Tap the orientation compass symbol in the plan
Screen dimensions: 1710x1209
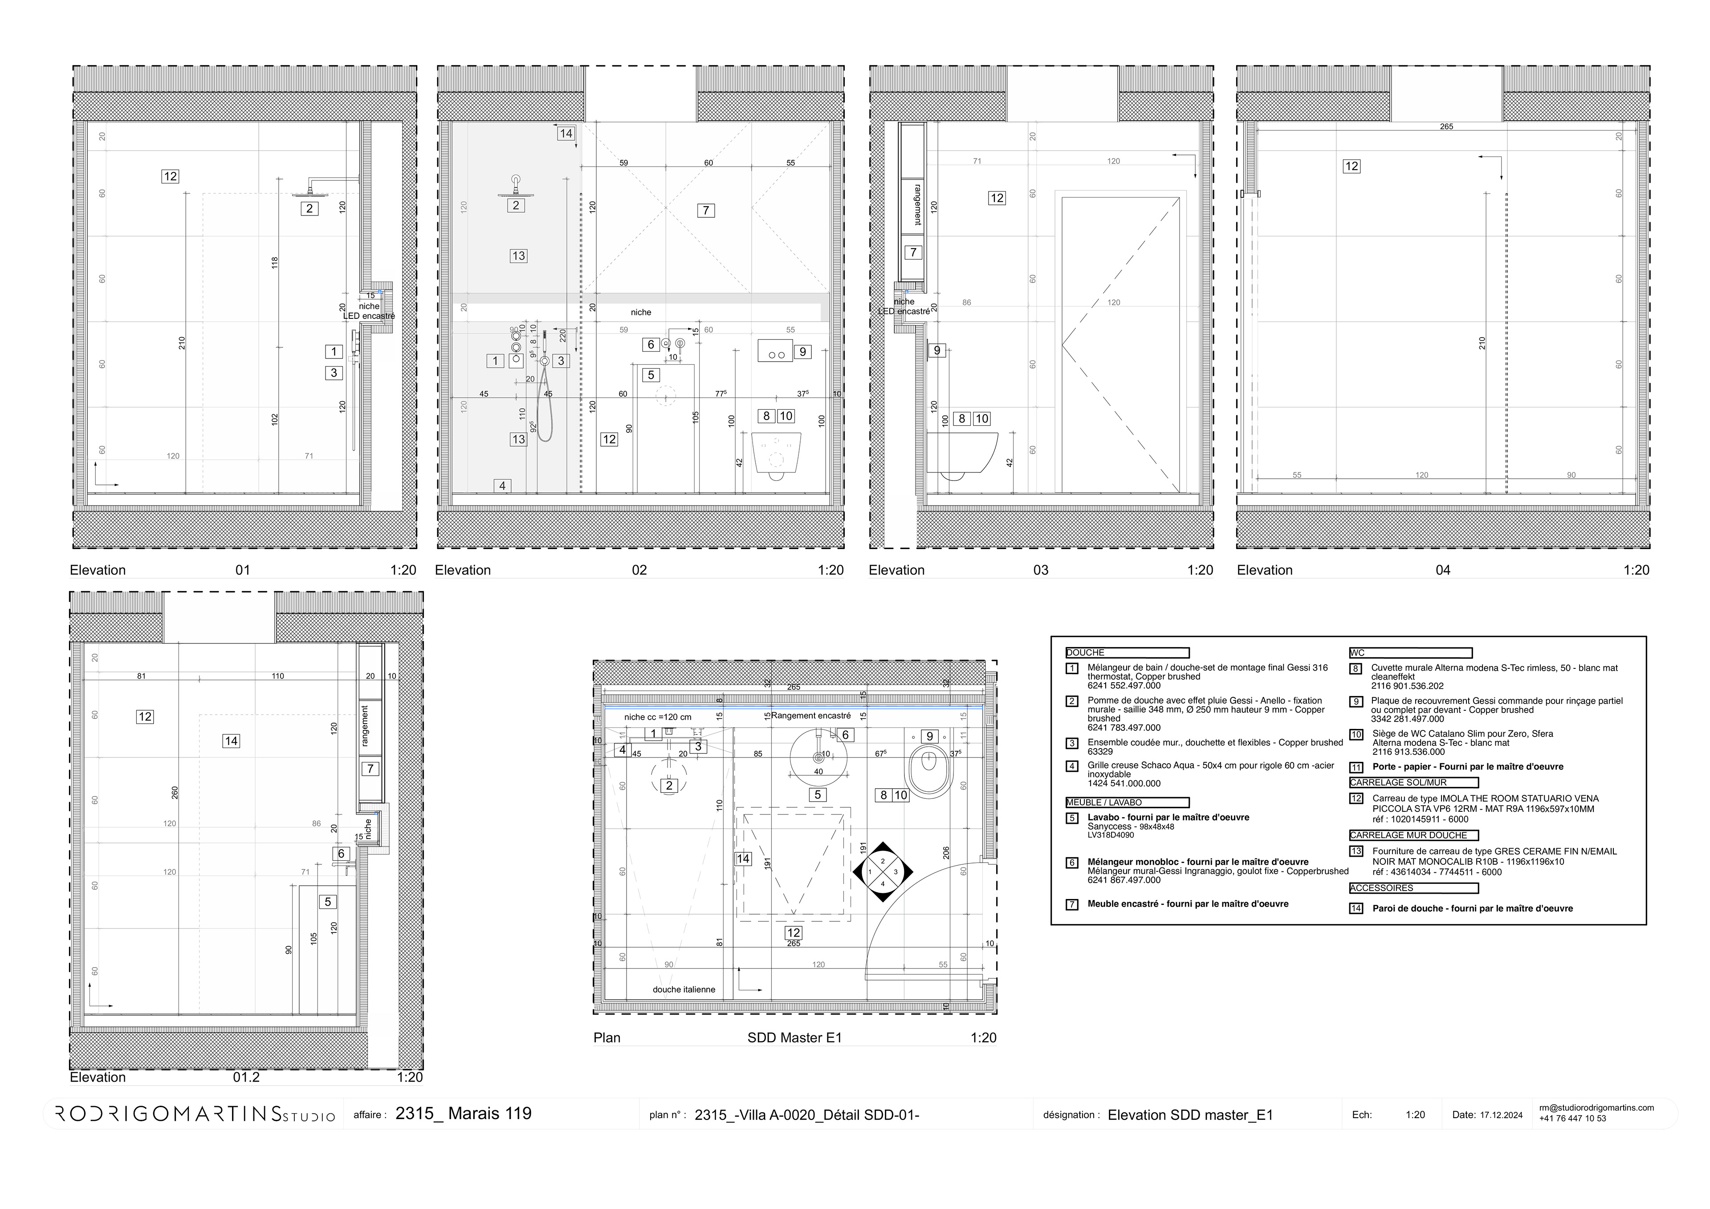point(883,871)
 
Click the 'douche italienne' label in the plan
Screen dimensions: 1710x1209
point(683,989)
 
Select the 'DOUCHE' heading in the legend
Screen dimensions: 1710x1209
point(1085,652)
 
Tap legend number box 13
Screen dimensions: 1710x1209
point(1356,851)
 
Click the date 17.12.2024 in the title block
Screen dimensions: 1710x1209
point(1501,1115)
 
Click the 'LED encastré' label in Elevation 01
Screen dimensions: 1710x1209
point(369,316)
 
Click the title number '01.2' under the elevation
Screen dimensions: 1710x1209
point(247,1077)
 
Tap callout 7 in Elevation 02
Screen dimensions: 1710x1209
point(706,211)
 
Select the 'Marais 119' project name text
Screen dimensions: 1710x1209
point(489,1114)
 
